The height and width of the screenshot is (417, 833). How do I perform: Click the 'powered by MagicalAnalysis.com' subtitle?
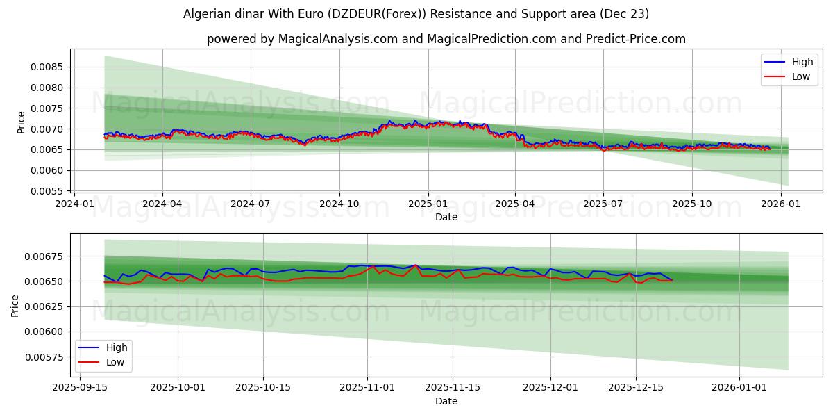click(446, 39)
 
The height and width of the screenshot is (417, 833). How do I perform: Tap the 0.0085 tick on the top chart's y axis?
click(47, 67)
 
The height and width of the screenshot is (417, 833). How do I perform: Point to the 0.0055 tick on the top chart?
click(47, 191)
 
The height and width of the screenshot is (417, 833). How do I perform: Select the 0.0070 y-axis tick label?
click(47, 129)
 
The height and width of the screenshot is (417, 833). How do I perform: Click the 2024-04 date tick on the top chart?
click(162, 204)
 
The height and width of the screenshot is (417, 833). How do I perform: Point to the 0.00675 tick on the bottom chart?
click(44, 256)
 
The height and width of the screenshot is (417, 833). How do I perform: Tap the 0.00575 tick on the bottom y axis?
click(44, 357)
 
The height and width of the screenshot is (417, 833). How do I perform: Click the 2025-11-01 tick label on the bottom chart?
click(367, 388)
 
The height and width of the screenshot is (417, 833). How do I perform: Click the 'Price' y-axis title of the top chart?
click(21, 122)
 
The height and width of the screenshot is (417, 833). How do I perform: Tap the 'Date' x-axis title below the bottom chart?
click(446, 401)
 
